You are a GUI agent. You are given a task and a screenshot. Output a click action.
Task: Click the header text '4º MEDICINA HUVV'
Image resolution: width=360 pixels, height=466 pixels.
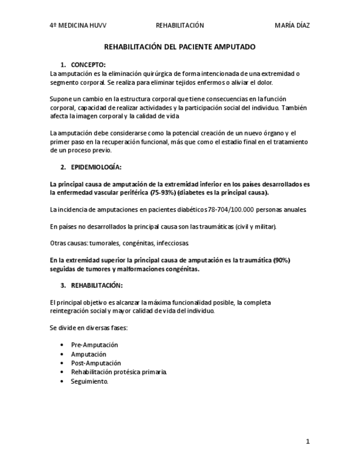78,25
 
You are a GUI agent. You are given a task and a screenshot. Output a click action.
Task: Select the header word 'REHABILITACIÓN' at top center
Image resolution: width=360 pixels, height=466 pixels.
180,25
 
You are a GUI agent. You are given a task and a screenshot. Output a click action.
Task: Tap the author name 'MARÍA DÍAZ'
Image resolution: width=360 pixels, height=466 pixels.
295,25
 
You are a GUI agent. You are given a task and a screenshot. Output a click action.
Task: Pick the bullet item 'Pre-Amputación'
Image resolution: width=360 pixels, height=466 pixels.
95,345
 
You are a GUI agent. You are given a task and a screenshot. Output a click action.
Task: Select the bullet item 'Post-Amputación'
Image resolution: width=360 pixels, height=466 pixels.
96,363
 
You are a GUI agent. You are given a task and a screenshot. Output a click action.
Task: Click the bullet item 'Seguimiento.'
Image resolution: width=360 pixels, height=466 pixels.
90,381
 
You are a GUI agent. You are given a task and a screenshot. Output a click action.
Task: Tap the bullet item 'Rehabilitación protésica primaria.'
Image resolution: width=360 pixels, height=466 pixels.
119,372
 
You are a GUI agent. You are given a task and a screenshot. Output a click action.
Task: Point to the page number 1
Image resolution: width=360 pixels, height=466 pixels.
308,441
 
